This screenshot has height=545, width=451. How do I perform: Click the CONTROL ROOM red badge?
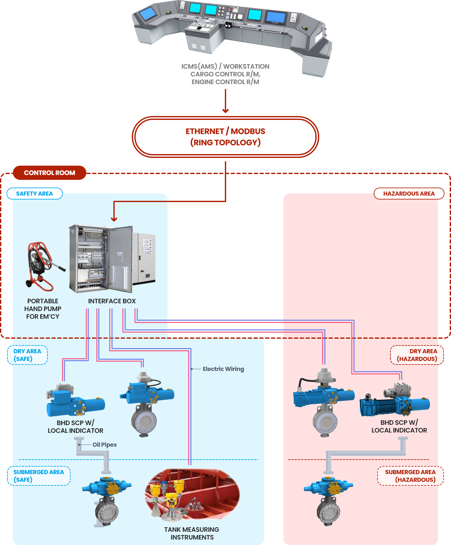click(x=50, y=173)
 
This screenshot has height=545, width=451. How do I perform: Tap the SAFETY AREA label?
click(x=34, y=194)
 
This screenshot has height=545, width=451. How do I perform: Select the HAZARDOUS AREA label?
click(x=409, y=194)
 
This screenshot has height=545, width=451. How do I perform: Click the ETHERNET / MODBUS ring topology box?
click(x=225, y=137)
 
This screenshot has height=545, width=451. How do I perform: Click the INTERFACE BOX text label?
click(x=112, y=301)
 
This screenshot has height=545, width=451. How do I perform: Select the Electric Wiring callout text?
click(x=223, y=369)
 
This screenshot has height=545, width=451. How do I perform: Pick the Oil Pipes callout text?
click(x=104, y=445)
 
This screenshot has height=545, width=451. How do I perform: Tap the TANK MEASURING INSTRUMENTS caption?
click(x=192, y=533)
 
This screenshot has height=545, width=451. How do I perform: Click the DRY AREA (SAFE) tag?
click(x=27, y=355)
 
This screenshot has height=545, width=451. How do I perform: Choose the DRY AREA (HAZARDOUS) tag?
click(x=417, y=355)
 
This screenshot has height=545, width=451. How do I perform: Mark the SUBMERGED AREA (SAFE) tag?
click(x=39, y=476)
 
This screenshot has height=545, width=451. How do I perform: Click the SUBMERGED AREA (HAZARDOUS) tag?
click(x=410, y=476)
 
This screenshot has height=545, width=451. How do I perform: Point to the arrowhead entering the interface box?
click(x=114, y=219)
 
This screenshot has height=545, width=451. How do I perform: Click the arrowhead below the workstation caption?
click(x=225, y=111)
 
